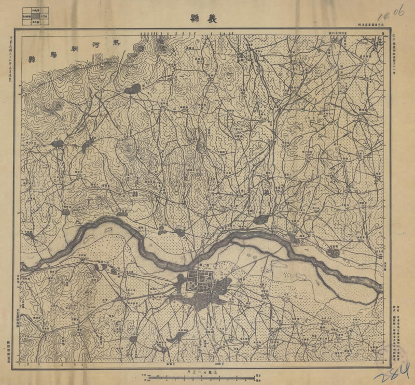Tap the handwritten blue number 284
click(x=394, y=372)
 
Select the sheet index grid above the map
click(x=36, y=17)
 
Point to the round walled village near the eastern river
click(x=332, y=253)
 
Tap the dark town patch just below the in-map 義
click(x=261, y=220)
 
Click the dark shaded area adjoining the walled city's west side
click(x=179, y=284)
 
